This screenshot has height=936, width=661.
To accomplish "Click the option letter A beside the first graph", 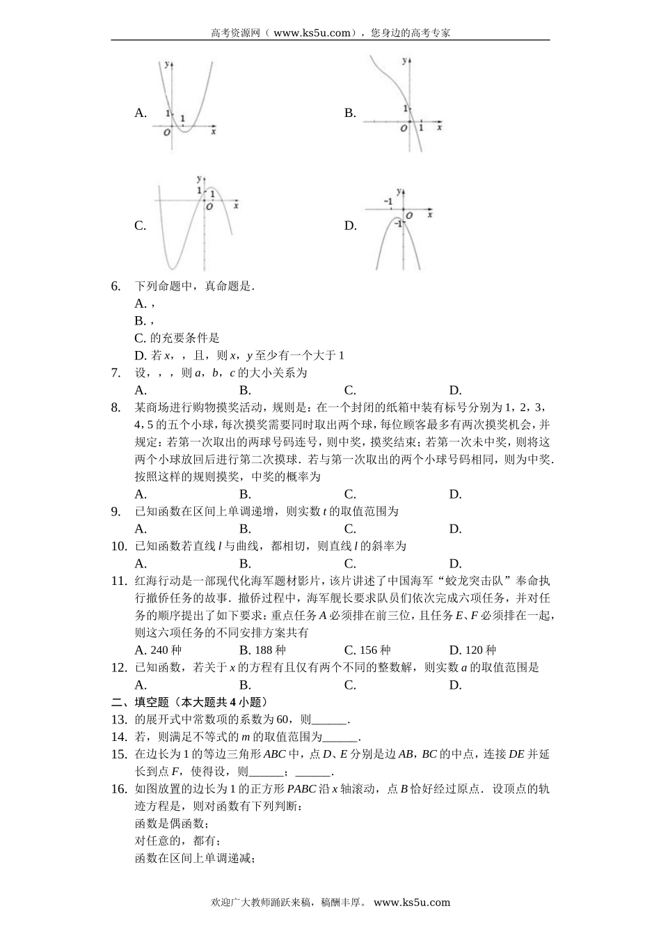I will point(140,113).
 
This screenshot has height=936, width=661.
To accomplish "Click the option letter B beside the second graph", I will point(350,113).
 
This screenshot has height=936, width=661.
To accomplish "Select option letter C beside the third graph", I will point(140,226).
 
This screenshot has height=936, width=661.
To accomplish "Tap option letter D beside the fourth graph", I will point(350,226).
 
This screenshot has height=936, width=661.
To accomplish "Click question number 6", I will point(116,286).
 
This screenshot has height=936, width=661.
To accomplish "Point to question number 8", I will point(116,407).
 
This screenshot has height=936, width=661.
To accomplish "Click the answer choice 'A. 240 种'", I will point(158,650).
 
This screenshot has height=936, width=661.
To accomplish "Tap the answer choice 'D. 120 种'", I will point(472,650).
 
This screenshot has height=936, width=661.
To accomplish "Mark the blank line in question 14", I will point(341,738).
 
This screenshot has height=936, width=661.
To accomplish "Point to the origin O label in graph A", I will point(167,132).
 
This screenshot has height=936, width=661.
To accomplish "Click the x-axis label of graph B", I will point(439,127).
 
